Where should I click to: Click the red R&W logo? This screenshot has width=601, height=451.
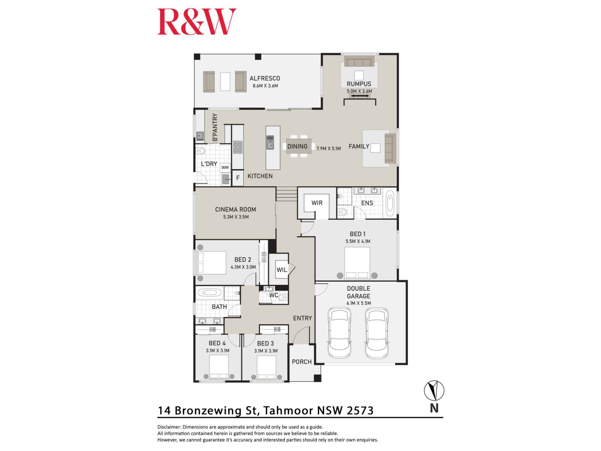point(197,22)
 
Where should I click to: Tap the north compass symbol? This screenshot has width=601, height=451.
point(434,391)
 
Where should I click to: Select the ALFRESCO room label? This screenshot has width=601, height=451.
point(265,78)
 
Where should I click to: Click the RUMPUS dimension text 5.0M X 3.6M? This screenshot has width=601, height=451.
point(359,91)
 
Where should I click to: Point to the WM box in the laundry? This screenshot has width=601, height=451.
point(225,167)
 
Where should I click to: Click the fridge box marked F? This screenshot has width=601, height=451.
point(238,178)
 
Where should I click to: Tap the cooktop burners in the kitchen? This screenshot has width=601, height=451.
point(238,147)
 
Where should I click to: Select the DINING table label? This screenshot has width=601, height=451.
point(297,146)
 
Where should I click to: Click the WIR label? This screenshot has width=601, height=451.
point(317,203)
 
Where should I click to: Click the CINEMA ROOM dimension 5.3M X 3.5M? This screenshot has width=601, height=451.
point(236,217)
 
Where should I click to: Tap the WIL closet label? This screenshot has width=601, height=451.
point(282,270)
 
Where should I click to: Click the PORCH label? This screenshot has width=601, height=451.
point(302,362)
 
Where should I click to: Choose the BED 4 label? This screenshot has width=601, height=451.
point(217,343)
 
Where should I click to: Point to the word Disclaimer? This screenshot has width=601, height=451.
point(169,427)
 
